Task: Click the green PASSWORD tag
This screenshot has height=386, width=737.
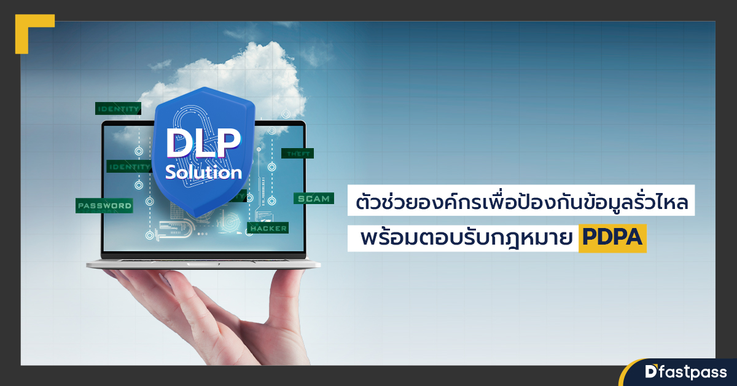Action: tap(104, 205)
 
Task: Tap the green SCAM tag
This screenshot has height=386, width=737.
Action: tap(314, 199)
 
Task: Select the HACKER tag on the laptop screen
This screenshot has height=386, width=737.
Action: tap(268, 228)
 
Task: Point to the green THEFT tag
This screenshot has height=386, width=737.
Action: tap(298, 154)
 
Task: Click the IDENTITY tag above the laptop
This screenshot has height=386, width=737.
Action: tap(118, 109)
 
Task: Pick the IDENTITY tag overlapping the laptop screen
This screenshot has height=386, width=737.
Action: tap(128, 167)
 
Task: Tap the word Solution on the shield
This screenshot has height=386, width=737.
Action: tap(204, 173)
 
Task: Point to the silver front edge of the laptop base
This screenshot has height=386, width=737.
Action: tap(203, 265)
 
